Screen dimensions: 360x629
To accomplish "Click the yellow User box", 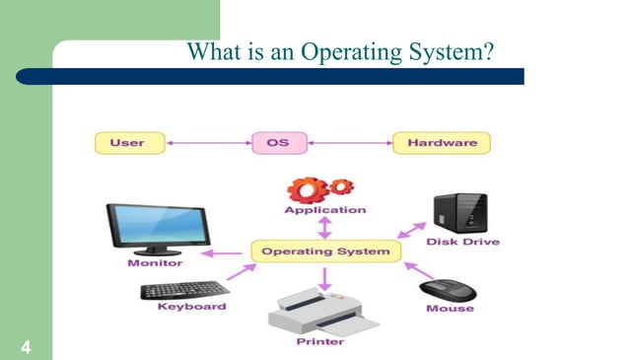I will pyautogui.click(x=127, y=143).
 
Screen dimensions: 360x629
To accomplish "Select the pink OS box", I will pyautogui.click(x=278, y=143).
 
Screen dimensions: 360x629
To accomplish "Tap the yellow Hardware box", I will pyautogui.click(x=441, y=143).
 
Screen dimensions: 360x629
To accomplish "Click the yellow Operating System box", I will pyautogui.click(x=325, y=252).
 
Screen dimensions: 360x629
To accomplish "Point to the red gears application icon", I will pyautogui.click(x=323, y=189).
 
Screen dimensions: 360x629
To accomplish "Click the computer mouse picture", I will pyautogui.click(x=449, y=291).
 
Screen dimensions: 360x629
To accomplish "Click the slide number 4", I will pyautogui.click(x=23, y=345).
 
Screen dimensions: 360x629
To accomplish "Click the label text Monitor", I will pyautogui.click(x=155, y=263).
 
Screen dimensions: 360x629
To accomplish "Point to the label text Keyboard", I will pyautogui.click(x=191, y=307).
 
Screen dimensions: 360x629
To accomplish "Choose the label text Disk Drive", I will pyautogui.click(x=462, y=242).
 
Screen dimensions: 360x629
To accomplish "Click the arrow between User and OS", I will pyautogui.click(x=208, y=143).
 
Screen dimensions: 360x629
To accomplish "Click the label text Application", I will pyautogui.click(x=324, y=210).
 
